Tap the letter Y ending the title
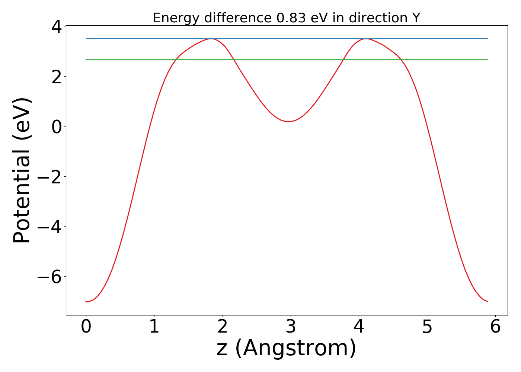click(x=416, y=18)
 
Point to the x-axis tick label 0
click(x=86, y=327)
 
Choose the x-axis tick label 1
click(x=154, y=327)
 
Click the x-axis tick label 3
click(x=291, y=327)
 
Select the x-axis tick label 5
click(x=427, y=327)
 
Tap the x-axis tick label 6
click(x=495, y=327)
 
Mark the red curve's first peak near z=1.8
click(x=211, y=39)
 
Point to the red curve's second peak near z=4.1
click(x=367, y=39)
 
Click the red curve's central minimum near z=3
click(x=288, y=122)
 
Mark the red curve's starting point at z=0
click(x=86, y=302)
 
